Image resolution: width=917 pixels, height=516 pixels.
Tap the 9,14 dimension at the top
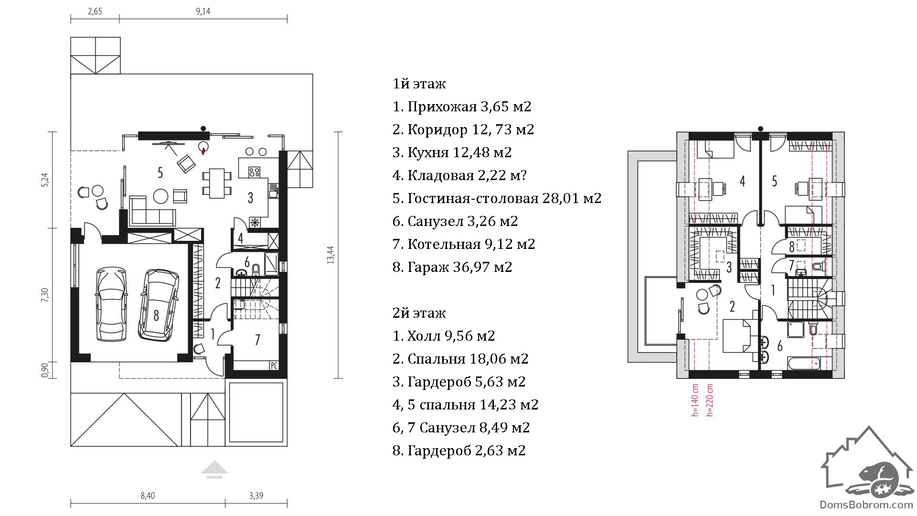click(203, 11)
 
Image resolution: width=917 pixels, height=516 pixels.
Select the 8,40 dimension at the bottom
click(148, 496)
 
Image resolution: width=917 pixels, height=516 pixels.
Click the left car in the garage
click(112, 304)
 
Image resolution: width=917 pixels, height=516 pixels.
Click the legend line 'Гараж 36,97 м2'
click(452, 267)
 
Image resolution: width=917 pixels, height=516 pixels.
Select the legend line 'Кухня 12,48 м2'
click(452, 152)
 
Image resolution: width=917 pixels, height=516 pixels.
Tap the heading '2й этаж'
click(419, 312)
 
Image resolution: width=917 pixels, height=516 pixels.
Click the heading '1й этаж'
click(419, 84)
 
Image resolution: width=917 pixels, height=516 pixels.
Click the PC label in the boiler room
click(274, 365)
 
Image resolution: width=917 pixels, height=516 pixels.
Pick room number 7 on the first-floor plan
click(257, 340)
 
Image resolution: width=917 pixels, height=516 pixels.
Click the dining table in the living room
click(217, 183)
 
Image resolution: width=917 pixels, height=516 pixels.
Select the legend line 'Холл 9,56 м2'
click(444, 336)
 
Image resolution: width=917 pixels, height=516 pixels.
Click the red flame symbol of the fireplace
click(204, 150)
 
